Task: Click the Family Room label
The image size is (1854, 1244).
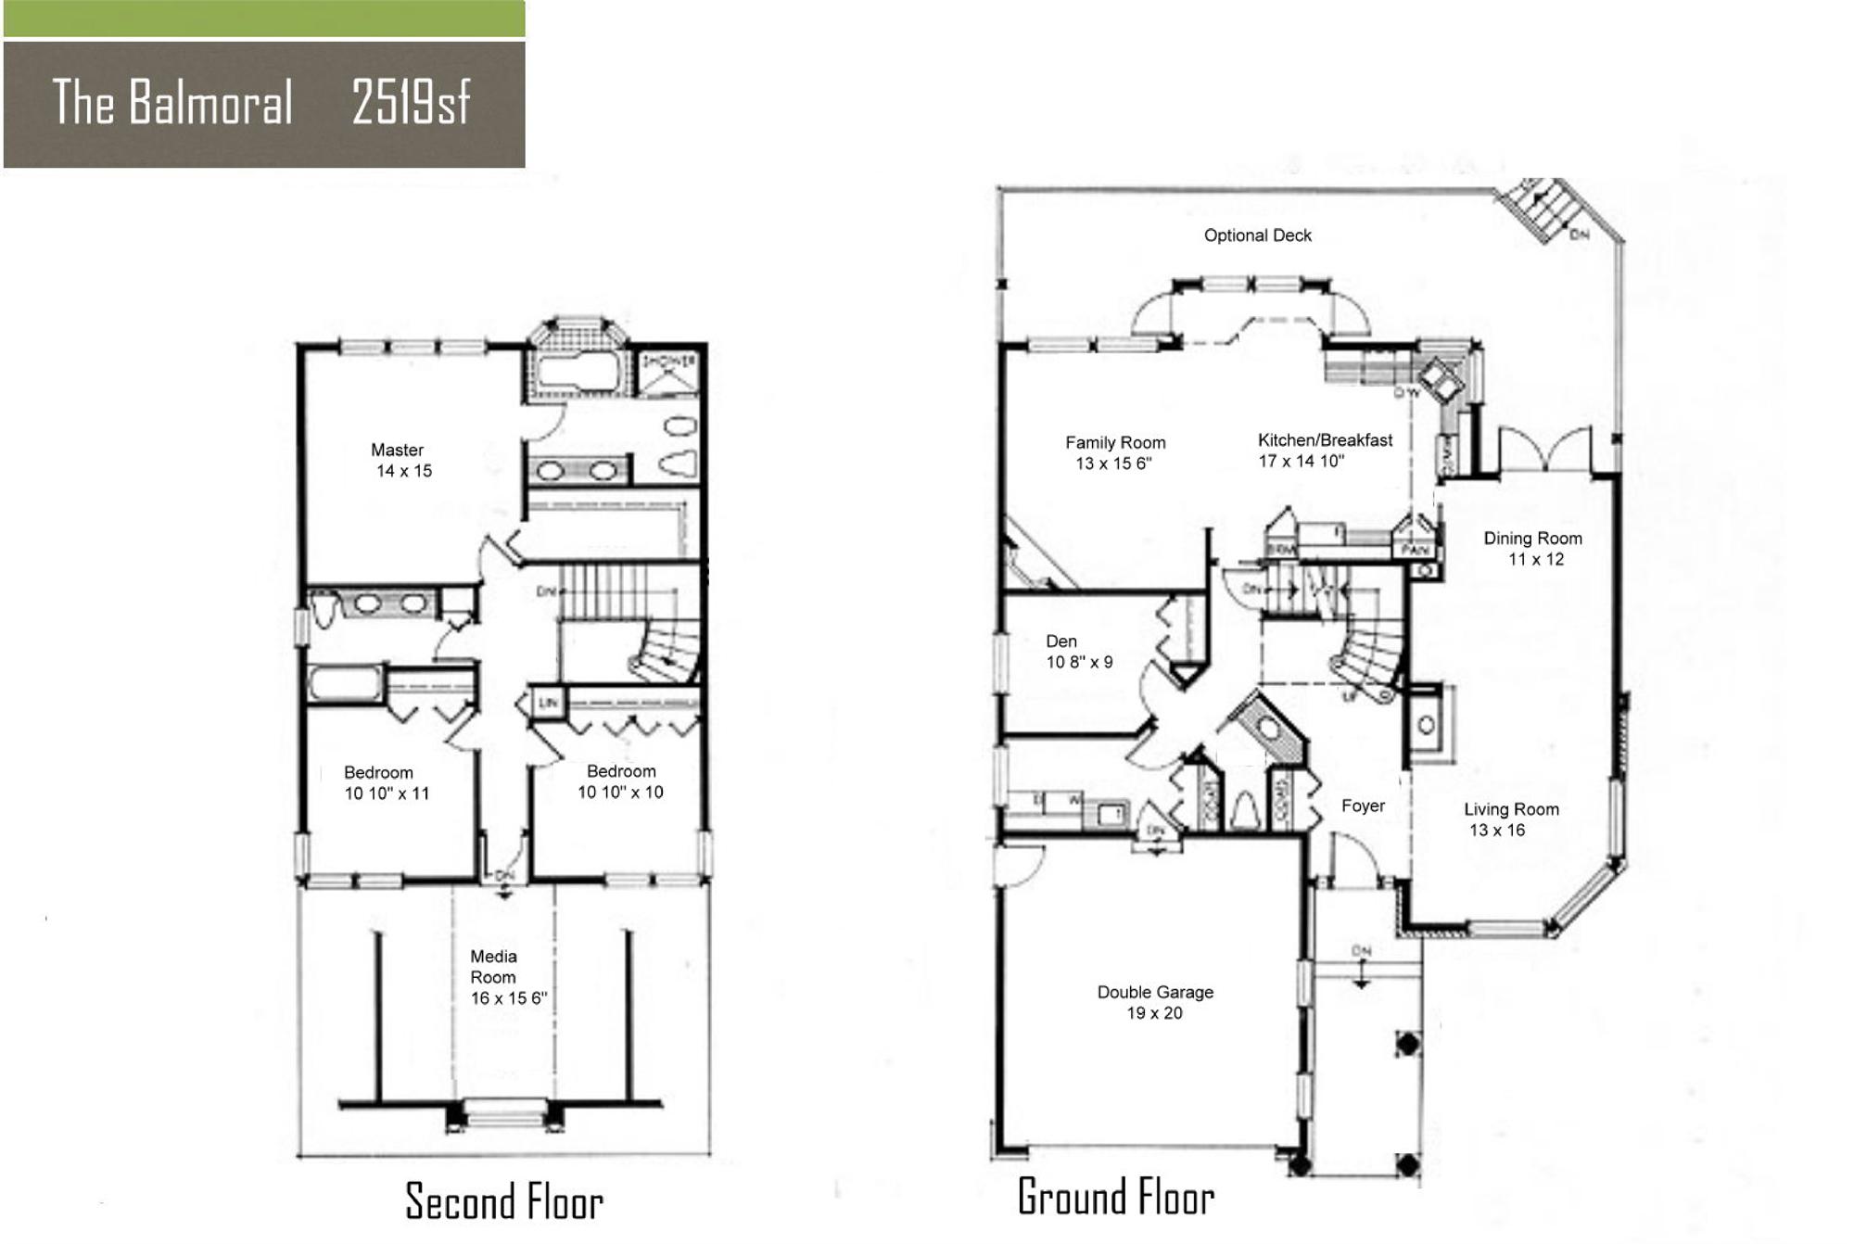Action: [1114, 452]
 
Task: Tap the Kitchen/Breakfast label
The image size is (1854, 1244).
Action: [1324, 450]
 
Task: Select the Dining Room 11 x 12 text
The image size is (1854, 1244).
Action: [1532, 548]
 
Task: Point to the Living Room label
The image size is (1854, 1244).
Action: [1511, 819]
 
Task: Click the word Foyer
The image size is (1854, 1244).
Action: [1363, 806]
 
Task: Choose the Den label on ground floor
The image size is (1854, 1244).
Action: [1078, 651]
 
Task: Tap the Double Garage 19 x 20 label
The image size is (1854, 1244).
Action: [1155, 1002]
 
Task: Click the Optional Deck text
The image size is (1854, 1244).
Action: [1257, 235]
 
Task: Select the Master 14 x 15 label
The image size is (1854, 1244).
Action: [400, 460]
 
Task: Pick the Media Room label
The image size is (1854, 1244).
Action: [506, 977]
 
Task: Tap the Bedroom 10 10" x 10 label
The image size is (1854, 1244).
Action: [620, 781]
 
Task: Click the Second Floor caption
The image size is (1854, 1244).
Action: [504, 1201]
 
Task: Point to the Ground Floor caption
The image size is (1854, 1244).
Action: [1116, 1197]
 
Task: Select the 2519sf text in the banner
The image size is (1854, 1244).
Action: [411, 102]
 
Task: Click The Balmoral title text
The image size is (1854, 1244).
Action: [172, 102]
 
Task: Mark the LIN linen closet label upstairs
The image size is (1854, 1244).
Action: [549, 703]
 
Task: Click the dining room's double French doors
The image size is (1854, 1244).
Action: [1544, 451]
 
